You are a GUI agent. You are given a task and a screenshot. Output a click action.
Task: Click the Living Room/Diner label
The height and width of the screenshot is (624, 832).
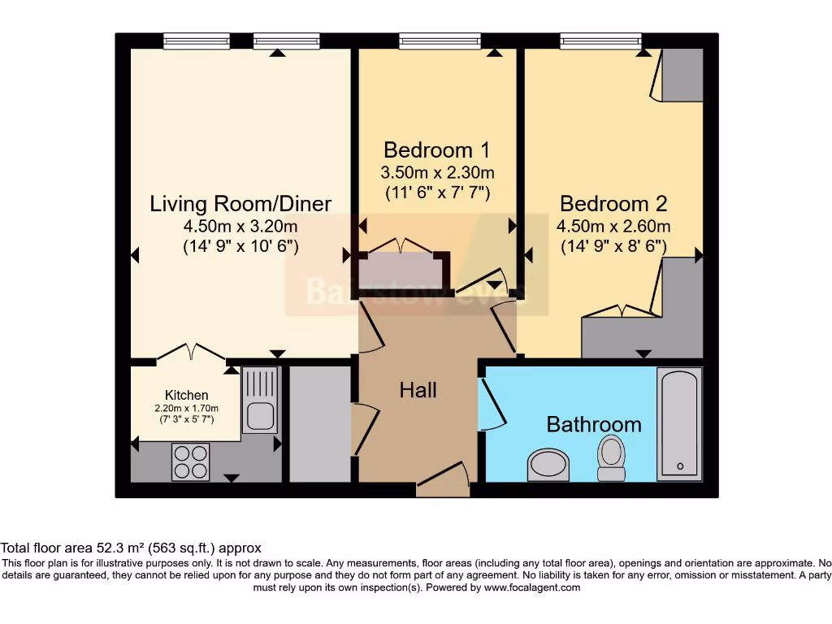[240, 203]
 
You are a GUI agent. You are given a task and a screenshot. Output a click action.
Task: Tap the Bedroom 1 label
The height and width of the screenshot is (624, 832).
[438, 150]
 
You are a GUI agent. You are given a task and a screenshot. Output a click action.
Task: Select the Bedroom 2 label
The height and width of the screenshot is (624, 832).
[613, 203]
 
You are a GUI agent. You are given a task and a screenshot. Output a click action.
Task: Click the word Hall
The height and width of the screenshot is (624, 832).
[418, 390]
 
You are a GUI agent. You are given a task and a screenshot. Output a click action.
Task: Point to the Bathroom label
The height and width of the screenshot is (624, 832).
[593, 424]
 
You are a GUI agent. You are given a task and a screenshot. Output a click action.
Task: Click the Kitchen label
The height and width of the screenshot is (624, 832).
[187, 395]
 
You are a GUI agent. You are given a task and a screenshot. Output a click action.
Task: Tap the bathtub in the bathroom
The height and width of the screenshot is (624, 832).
[678, 422]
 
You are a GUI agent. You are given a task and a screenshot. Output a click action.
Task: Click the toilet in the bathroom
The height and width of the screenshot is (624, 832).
[611, 457]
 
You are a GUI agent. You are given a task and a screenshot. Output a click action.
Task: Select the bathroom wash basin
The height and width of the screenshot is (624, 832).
[548, 466]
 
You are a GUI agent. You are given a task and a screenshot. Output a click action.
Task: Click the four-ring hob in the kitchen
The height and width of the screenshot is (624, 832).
[190, 461]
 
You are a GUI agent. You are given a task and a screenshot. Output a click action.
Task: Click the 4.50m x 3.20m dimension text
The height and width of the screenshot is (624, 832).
[240, 226]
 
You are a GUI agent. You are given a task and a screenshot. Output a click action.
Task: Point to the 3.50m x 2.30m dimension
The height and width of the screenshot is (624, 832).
[438, 173]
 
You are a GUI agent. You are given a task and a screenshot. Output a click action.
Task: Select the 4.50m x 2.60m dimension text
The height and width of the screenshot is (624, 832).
[613, 226]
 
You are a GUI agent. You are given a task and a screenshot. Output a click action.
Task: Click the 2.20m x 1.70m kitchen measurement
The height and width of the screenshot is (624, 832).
[187, 408]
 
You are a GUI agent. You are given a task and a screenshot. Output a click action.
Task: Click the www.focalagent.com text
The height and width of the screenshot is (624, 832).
[532, 587]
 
